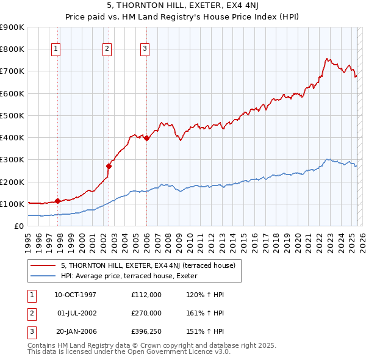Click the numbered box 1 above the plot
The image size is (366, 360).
coord(56,49)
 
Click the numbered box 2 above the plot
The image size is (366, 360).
coord(107,49)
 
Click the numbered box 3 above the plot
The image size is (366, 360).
coord(145,49)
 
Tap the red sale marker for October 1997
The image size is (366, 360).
coord(57,201)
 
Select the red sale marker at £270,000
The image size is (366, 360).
coord(109,166)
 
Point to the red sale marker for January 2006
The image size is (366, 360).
coord(147,138)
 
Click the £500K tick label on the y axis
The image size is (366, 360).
coord(12,115)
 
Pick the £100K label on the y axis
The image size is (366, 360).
coord(12,204)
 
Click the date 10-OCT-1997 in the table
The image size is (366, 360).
coord(76,295)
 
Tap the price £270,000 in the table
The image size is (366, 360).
coord(146,313)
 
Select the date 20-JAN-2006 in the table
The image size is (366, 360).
coord(76,331)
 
